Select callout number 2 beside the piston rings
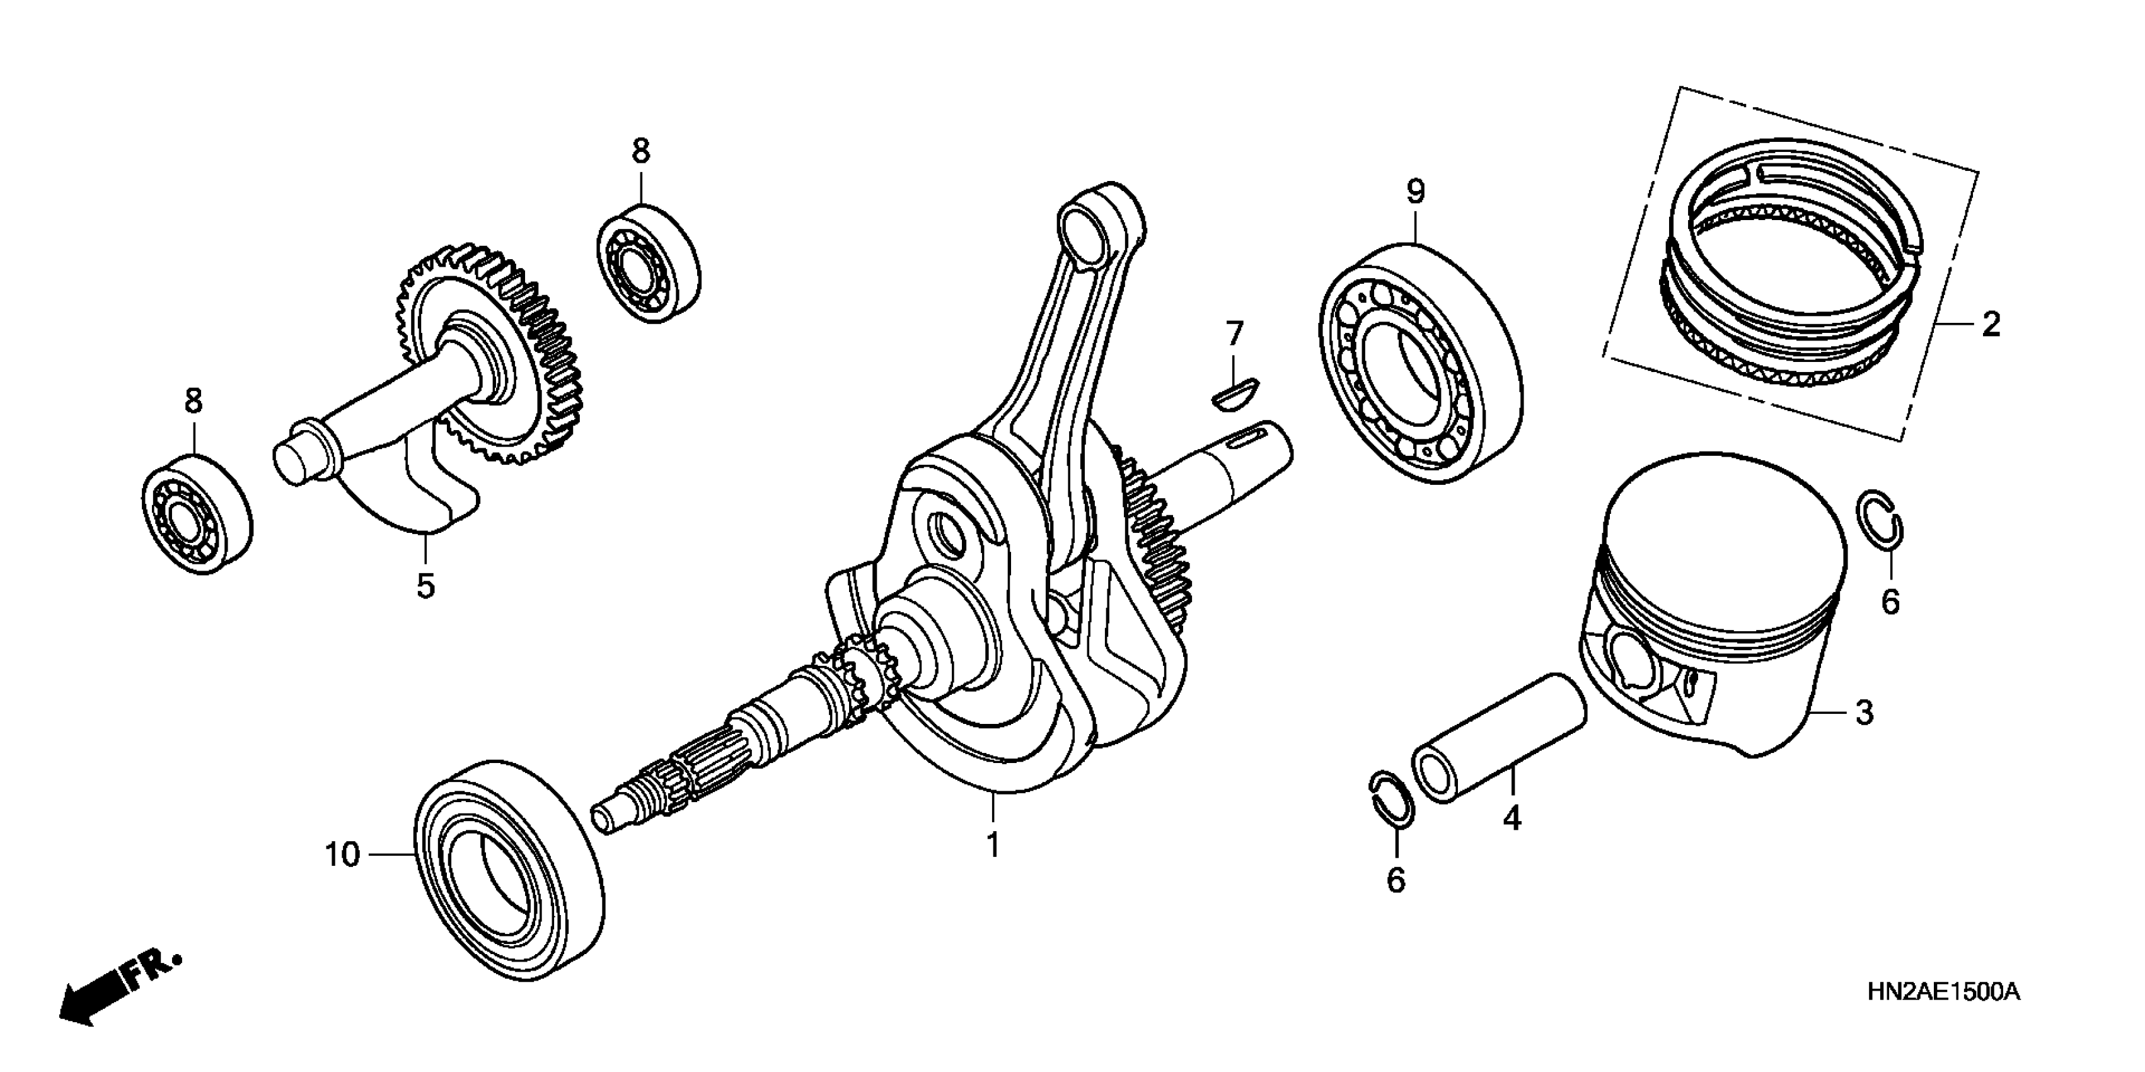point(1990,325)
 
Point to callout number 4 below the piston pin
point(1512,819)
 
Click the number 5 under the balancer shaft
point(425,586)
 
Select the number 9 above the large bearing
point(1416,192)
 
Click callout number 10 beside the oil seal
point(342,854)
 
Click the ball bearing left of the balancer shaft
point(197,515)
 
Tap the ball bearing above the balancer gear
point(649,258)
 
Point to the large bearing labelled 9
point(1421,365)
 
